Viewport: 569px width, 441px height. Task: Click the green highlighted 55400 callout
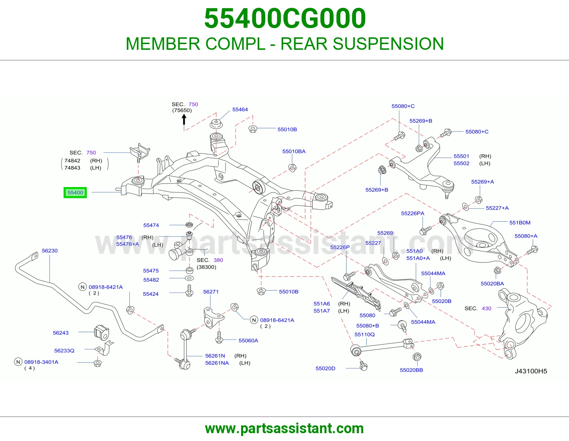point(75,193)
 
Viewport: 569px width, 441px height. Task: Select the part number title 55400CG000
point(285,18)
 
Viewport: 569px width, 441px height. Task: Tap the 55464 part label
point(240,110)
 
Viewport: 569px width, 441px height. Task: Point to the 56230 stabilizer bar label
point(50,251)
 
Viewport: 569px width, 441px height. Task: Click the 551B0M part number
point(520,223)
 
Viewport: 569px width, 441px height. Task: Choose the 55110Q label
point(365,334)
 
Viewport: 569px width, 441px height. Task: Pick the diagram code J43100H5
point(531,371)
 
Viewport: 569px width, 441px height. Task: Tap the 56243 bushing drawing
point(101,332)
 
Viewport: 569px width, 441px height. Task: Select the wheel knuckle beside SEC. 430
point(521,323)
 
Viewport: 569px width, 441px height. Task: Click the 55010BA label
point(294,152)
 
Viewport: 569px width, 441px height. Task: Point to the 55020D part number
point(325,368)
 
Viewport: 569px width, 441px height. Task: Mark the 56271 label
point(211,292)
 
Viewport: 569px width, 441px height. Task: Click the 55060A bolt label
point(248,340)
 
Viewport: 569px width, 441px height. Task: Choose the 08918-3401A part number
point(41,362)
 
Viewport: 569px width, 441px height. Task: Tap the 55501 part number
point(461,156)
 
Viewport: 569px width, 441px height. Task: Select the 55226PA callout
point(413,213)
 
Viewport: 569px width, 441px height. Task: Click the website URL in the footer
point(284,429)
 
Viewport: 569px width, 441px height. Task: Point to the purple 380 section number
point(218,260)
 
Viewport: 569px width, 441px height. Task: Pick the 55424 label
point(150,294)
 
